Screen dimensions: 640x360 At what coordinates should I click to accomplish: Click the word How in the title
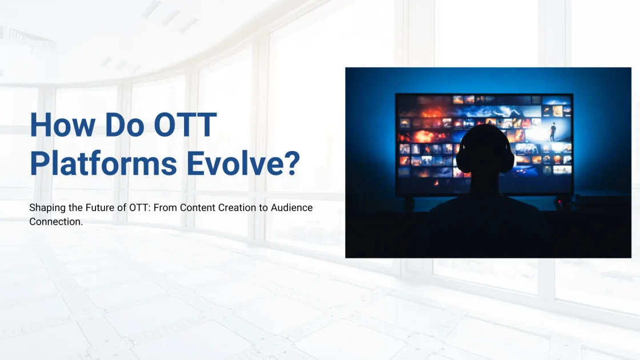point(62,125)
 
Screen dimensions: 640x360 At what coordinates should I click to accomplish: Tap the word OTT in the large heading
point(185,125)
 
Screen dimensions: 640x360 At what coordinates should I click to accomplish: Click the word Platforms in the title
point(103,163)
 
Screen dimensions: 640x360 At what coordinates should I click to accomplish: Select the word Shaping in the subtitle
point(47,208)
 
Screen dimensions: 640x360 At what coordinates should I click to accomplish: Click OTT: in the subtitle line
point(141,207)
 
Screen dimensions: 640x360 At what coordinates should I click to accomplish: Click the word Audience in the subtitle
point(292,207)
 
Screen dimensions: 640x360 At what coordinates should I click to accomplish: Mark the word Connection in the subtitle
point(55,222)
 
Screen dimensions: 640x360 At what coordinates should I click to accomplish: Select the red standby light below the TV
point(559,202)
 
